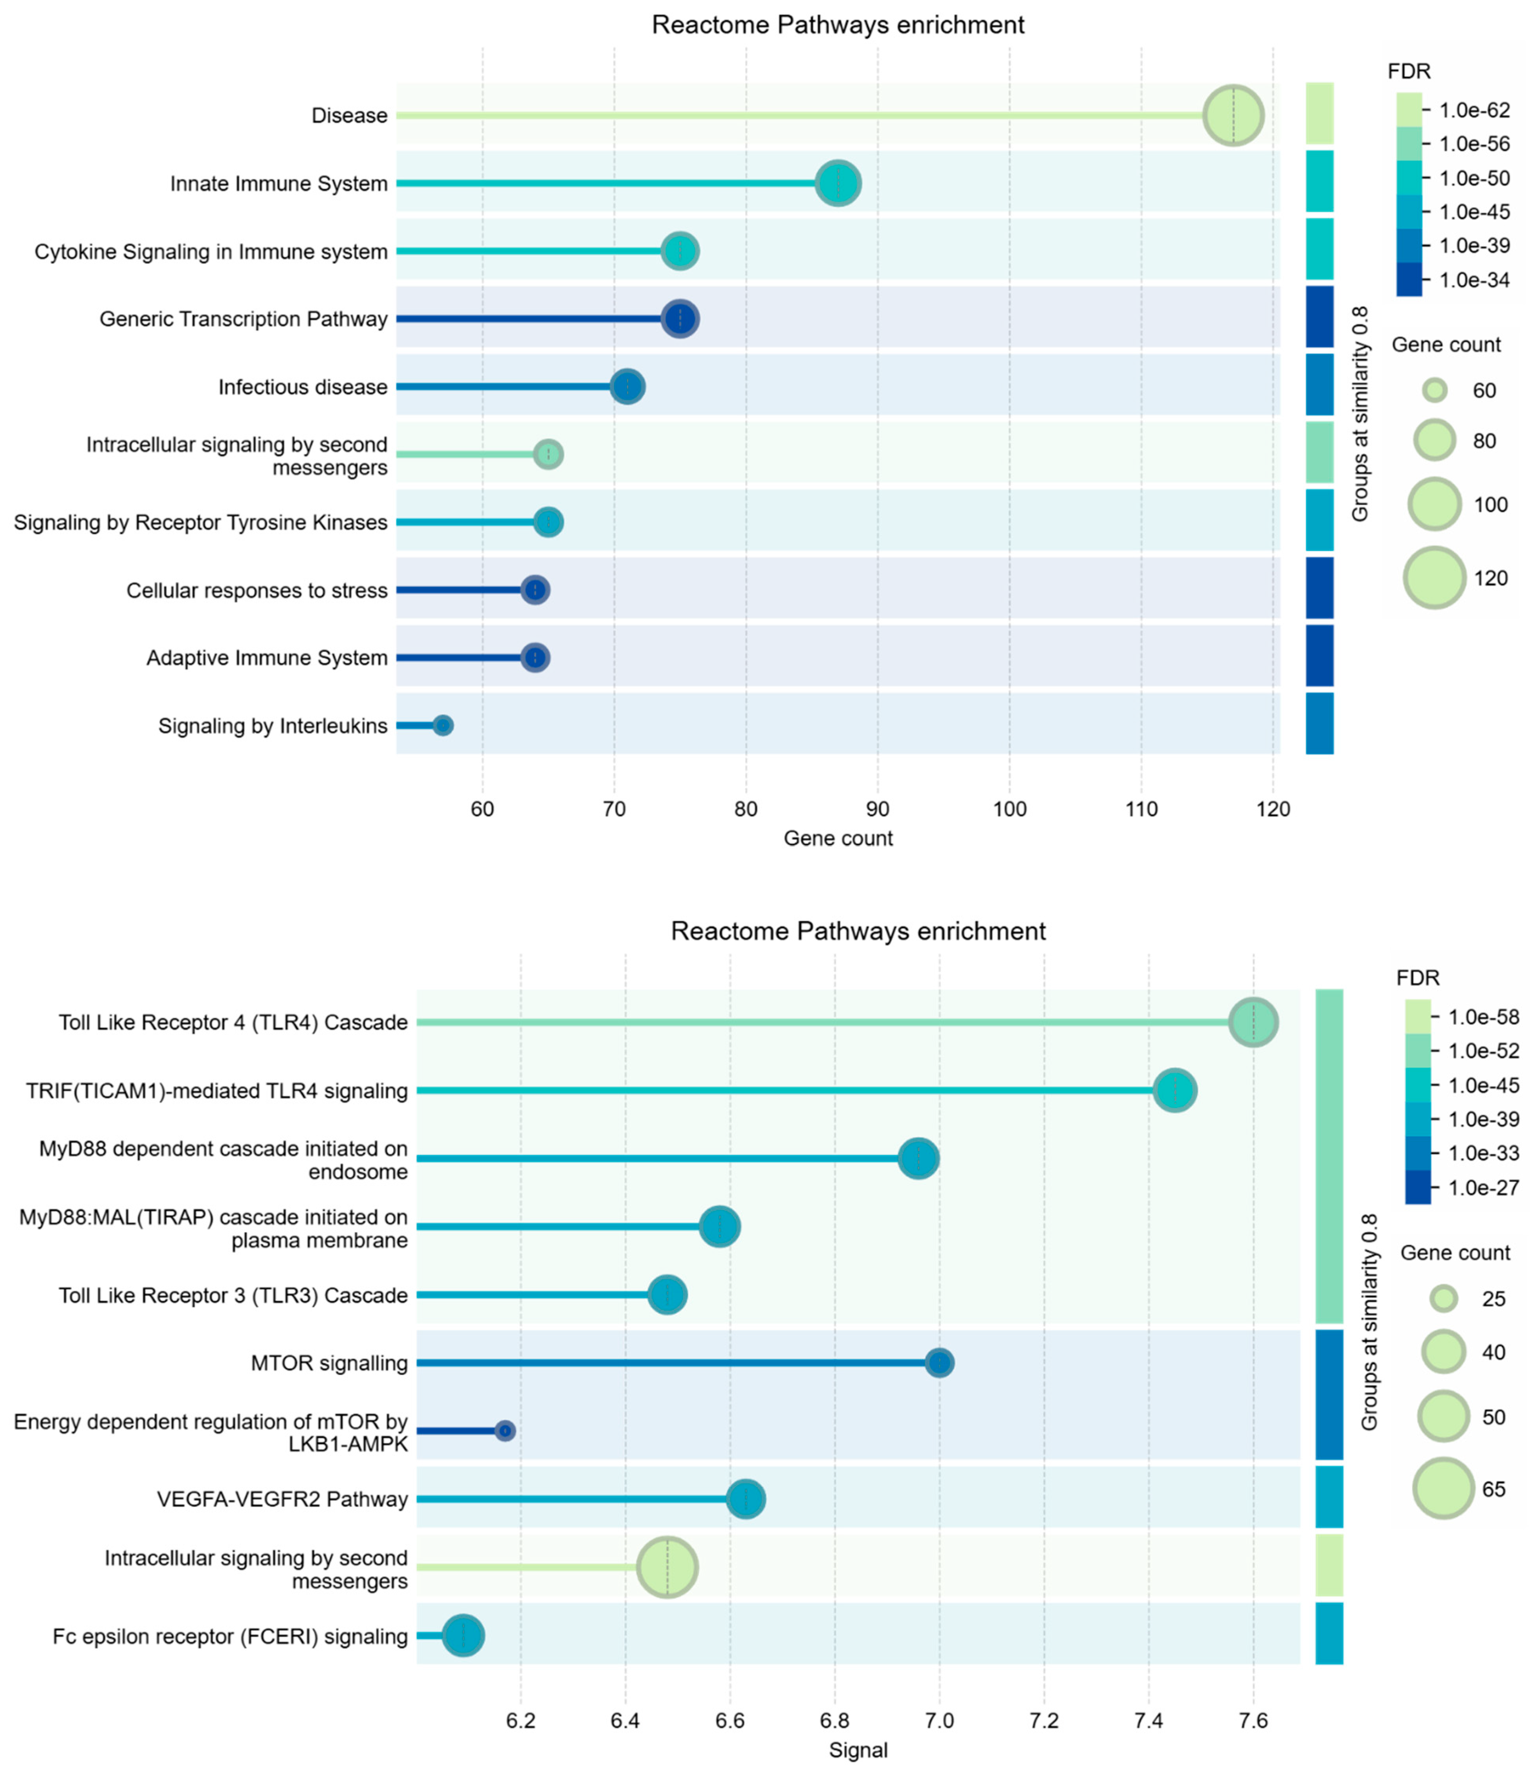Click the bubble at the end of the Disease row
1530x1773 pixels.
pos(1232,116)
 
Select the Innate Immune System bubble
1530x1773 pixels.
pos(838,183)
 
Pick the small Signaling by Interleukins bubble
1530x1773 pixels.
pos(442,726)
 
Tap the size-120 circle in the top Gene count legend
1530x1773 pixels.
pos(1434,578)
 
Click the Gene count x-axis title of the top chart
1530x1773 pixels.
pos(838,839)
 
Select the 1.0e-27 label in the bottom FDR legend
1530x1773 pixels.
pos(1483,1188)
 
